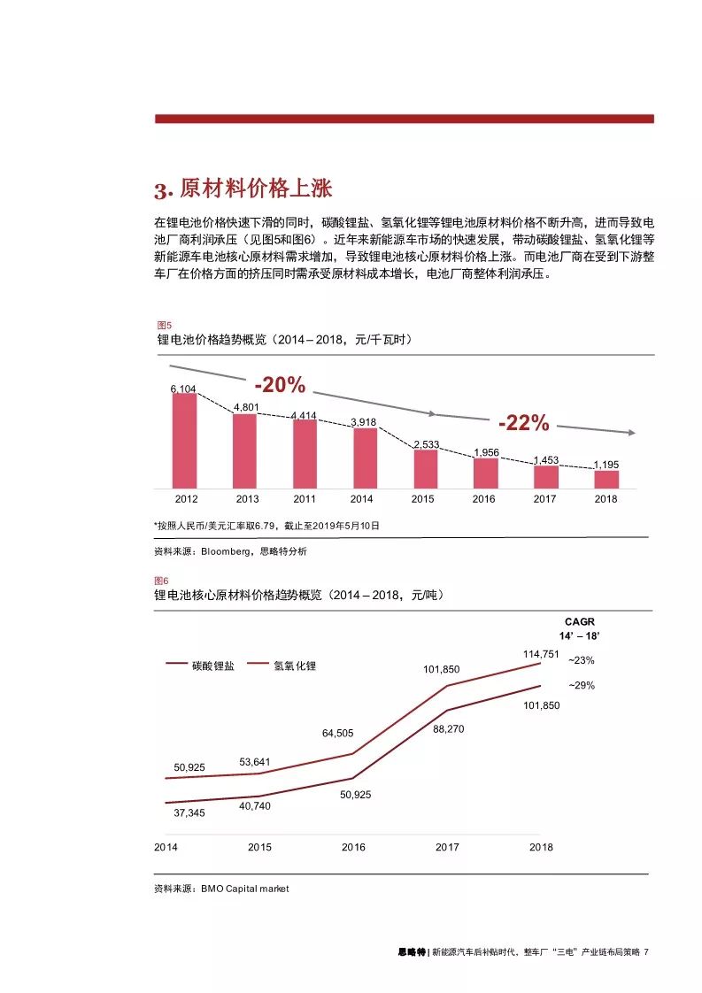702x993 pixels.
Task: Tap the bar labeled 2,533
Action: point(425,468)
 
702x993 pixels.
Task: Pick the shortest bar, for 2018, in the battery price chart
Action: point(606,479)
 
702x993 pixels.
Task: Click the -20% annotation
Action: point(280,386)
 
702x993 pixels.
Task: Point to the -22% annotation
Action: point(523,424)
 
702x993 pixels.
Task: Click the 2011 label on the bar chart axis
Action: point(305,499)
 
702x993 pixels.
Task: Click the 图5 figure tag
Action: point(163,325)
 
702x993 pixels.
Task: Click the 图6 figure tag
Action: point(163,581)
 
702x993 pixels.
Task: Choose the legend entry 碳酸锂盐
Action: point(212,666)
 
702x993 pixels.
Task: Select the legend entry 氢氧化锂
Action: point(295,666)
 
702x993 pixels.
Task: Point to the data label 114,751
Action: point(541,654)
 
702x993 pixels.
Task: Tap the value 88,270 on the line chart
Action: point(448,728)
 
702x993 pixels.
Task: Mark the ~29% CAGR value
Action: point(581,685)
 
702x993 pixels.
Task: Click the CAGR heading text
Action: point(580,622)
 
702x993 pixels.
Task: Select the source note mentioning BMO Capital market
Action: point(221,889)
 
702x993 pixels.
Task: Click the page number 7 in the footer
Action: point(647,952)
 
